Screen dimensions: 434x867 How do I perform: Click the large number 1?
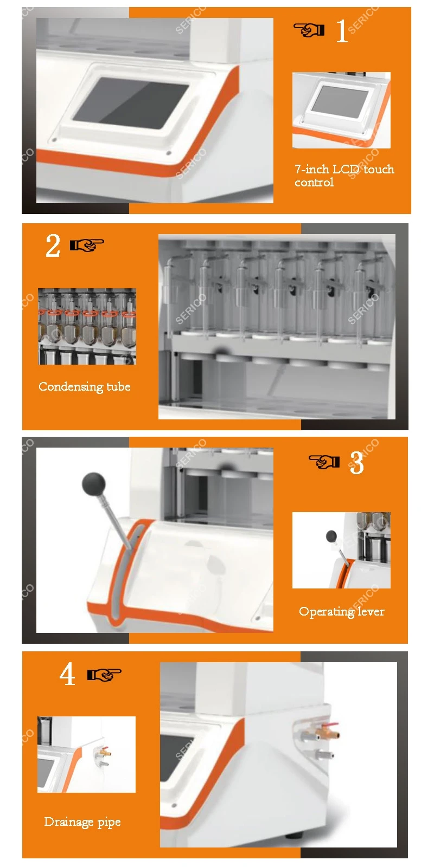click(341, 30)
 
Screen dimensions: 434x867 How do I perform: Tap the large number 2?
click(53, 245)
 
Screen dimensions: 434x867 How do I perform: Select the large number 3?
click(356, 463)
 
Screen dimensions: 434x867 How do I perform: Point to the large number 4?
click(67, 674)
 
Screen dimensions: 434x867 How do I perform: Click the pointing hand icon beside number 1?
click(309, 30)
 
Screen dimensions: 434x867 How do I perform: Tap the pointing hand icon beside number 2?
click(87, 245)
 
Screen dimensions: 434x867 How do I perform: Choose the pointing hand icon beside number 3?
click(324, 461)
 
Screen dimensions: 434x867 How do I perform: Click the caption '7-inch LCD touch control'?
click(344, 176)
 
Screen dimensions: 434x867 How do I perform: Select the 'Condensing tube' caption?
click(85, 387)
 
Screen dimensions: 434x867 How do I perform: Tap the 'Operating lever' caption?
click(341, 612)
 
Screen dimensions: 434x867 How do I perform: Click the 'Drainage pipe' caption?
click(82, 822)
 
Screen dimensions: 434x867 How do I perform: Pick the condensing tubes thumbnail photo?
click(87, 326)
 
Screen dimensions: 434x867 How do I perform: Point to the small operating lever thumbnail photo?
click(341, 551)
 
